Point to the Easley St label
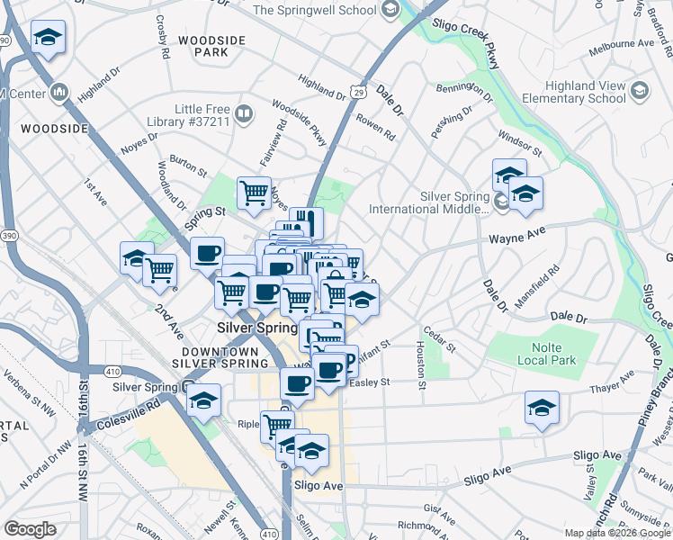coord(371,382)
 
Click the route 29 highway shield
coord(358,92)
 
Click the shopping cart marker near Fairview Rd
coord(255,192)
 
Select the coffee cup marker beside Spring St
coord(207,253)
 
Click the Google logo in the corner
coord(30,529)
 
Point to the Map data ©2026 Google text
coord(617,533)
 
